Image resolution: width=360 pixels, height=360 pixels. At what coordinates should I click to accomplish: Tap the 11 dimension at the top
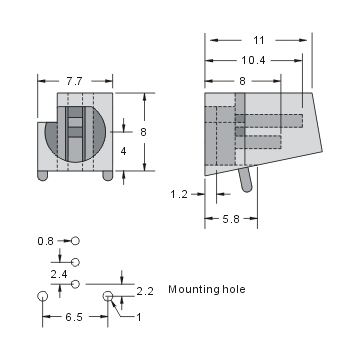(x=259, y=40)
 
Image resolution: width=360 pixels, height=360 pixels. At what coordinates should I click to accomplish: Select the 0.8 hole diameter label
(x=45, y=241)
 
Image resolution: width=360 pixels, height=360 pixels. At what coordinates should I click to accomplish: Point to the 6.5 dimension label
(x=73, y=317)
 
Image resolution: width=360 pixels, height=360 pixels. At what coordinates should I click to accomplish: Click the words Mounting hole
(x=206, y=290)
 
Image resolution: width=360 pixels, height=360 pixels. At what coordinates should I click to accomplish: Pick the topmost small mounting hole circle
(x=75, y=241)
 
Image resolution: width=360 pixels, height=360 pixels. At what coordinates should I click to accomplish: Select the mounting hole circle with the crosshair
(x=108, y=296)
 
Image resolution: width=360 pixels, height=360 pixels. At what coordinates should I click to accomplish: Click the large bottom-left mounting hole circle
(x=42, y=297)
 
